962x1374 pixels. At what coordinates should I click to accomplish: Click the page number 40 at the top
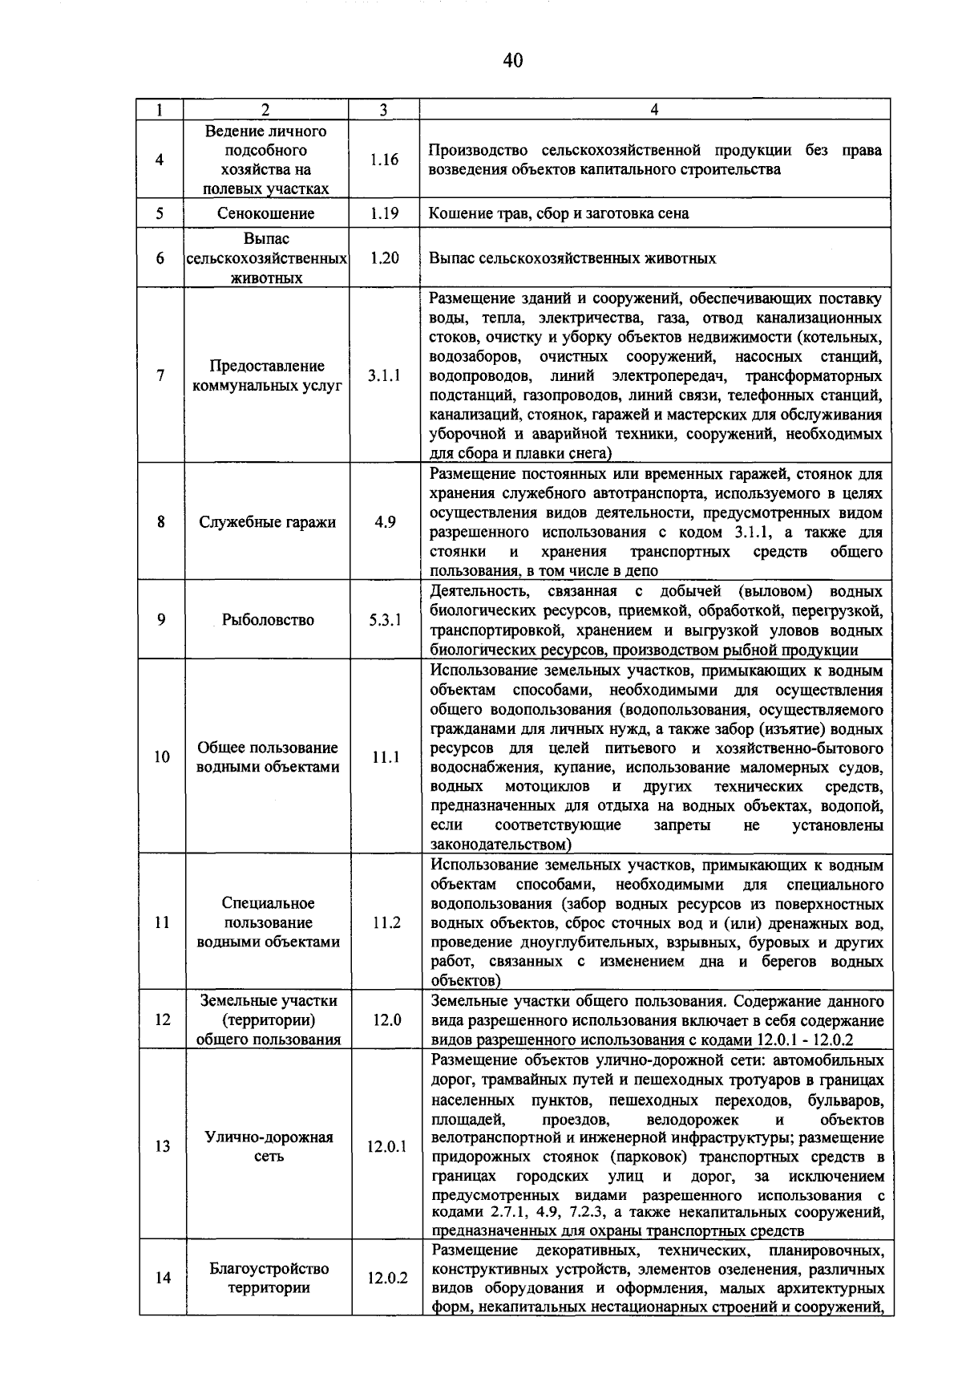pyautogui.click(x=513, y=60)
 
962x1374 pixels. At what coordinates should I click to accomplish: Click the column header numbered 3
pyautogui.click(x=384, y=110)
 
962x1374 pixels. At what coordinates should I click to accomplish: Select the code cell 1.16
pyautogui.click(x=384, y=160)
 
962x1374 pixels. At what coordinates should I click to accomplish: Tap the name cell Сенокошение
pyautogui.click(x=265, y=213)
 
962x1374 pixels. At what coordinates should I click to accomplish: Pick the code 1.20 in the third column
pyautogui.click(x=384, y=258)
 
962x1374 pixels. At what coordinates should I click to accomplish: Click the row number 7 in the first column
pyautogui.click(x=160, y=375)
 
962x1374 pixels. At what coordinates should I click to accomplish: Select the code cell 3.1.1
pyautogui.click(x=384, y=375)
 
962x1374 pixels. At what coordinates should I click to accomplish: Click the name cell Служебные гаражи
pyautogui.click(x=267, y=522)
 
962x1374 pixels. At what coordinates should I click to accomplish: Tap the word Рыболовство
pyautogui.click(x=268, y=620)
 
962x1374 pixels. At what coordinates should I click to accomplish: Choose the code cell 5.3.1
pyautogui.click(x=385, y=620)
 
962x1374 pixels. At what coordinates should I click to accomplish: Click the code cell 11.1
pyautogui.click(x=386, y=757)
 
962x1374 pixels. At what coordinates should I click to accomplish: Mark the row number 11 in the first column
pyautogui.click(x=162, y=922)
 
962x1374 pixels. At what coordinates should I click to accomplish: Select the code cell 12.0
pyautogui.click(x=386, y=1020)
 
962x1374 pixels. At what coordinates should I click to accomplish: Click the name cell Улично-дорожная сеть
pyautogui.click(x=269, y=1147)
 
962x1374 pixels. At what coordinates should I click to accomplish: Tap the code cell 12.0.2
pyautogui.click(x=387, y=1279)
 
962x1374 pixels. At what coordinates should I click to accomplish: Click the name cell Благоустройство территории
pyautogui.click(x=269, y=1279)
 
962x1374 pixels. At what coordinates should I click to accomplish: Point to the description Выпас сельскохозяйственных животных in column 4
pyautogui.click(x=572, y=258)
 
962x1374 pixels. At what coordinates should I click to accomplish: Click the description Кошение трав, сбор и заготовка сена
pyautogui.click(x=558, y=213)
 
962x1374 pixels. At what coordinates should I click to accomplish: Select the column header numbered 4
pyautogui.click(x=654, y=110)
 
